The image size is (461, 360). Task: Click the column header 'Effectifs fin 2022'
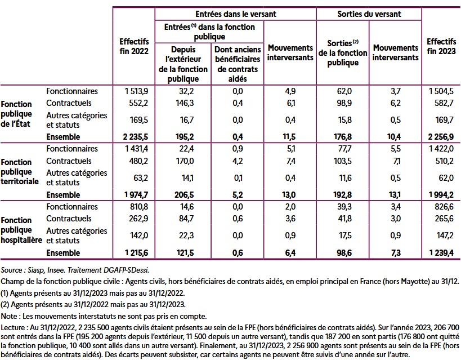[134, 46]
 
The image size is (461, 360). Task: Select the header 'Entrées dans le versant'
[235, 12]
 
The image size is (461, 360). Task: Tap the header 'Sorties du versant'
[368, 12]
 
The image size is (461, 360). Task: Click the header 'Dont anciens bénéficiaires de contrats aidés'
[236, 64]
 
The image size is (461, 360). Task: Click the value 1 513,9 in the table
[136, 91]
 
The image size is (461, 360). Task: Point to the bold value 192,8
[342, 195]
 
